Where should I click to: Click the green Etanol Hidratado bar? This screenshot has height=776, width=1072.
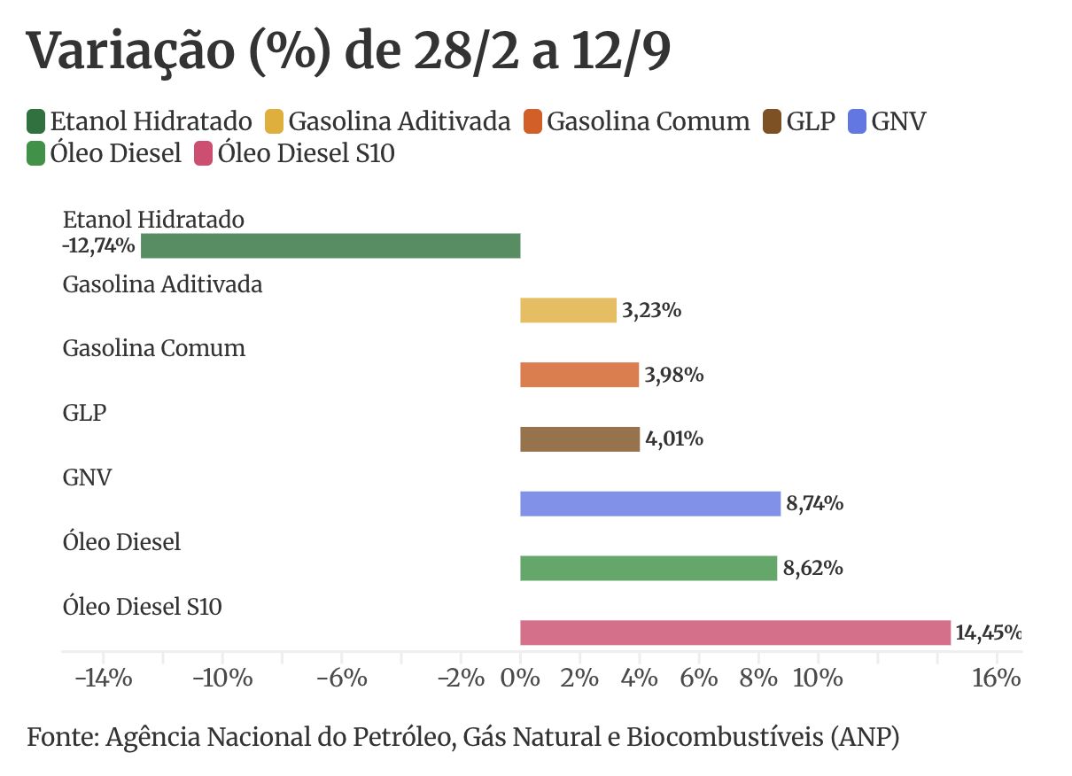click(330, 246)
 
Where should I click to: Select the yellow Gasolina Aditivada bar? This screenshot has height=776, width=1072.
click(568, 311)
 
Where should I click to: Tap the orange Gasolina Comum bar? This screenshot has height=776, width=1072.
click(579, 375)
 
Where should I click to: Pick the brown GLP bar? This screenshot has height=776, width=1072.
click(580, 439)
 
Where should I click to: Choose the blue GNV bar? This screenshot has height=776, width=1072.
click(650, 504)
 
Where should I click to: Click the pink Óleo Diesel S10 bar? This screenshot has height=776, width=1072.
click(735, 632)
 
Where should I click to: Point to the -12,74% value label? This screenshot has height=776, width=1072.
click(98, 246)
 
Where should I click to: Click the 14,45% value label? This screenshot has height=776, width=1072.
click(988, 632)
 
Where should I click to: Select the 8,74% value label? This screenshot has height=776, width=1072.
click(815, 503)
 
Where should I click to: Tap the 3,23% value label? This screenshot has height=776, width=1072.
click(652, 310)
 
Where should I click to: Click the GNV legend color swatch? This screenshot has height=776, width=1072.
click(857, 121)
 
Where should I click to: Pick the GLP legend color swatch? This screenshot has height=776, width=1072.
click(772, 121)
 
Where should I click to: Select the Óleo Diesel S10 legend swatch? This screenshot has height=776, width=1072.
click(203, 153)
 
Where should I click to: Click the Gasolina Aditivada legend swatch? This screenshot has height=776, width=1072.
click(274, 121)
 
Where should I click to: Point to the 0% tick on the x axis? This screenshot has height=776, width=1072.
click(520, 657)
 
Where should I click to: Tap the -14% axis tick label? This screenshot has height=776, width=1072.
click(104, 679)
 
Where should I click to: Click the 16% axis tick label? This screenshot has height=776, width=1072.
click(997, 679)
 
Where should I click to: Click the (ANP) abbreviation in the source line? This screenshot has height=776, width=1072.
click(866, 737)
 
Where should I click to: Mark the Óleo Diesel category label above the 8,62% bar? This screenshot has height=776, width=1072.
click(121, 541)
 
